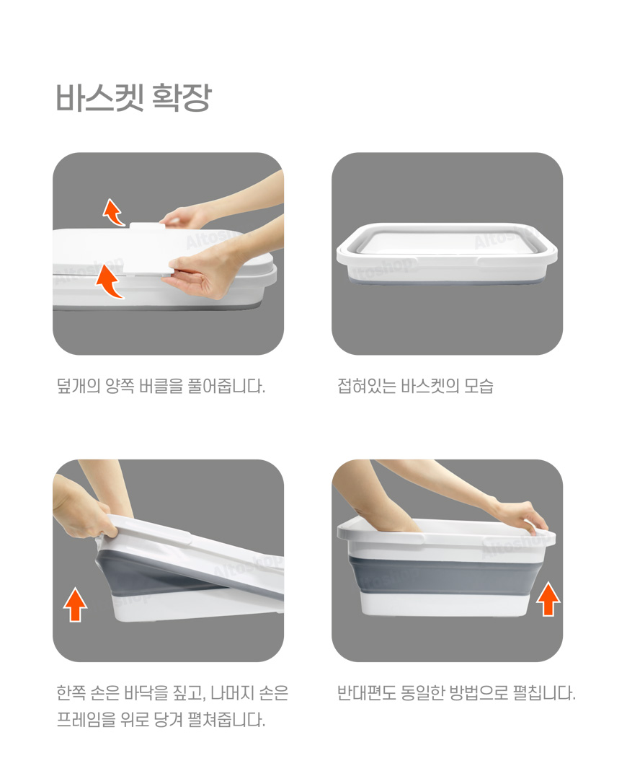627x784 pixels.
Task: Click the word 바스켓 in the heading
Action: [100, 97]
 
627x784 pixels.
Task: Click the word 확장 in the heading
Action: [182, 97]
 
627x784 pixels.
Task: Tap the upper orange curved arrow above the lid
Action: [113, 213]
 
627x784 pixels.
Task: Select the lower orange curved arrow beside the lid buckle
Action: [110, 281]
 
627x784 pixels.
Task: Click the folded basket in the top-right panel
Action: [447, 253]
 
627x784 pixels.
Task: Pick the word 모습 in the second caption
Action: [479, 386]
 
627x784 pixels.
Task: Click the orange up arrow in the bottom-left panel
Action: [76, 604]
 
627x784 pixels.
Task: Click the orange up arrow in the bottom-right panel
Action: [548, 599]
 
